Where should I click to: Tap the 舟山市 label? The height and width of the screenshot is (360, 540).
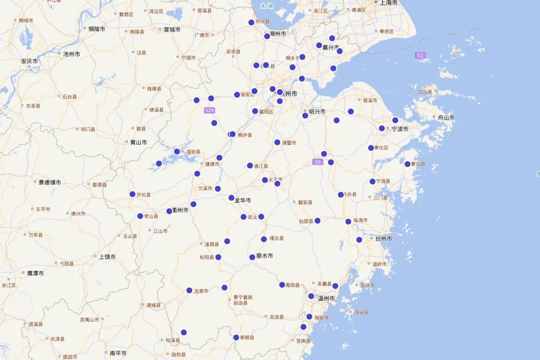click(x=446, y=118)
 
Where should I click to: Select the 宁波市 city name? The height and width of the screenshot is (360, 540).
click(x=400, y=129)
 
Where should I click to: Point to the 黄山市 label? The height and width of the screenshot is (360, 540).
click(x=139, y=142)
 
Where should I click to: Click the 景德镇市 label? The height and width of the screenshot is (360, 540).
click(x=49, y=182)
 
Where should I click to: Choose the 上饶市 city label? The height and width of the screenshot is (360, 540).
click(x=107, y=256)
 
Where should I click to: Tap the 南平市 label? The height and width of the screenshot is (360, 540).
click(x=118, y=353)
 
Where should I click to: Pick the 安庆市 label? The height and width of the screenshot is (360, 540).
click(x=29, y=61)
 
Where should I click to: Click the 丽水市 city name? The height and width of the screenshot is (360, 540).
click(x=265, y=256)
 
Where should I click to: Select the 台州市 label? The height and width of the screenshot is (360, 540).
click(x=383, y=238)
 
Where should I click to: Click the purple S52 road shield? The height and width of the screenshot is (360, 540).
click(x=420, y=55)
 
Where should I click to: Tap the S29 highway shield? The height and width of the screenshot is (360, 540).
click(x=209, y=110)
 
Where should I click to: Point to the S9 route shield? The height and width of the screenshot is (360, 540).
click(x=318, y=162)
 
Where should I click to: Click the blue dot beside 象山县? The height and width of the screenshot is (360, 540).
click(x=407, y=164)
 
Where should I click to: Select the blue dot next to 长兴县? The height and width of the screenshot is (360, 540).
click(x=252, y=22)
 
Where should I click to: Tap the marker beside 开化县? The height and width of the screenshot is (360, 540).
click(x=132, y=194)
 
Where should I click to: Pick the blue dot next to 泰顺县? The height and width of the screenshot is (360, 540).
click(x=236, y=337)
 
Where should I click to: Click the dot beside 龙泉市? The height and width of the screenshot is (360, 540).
click(x=189, y=290)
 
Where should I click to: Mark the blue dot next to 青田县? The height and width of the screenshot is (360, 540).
click(x=282, y=285)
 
